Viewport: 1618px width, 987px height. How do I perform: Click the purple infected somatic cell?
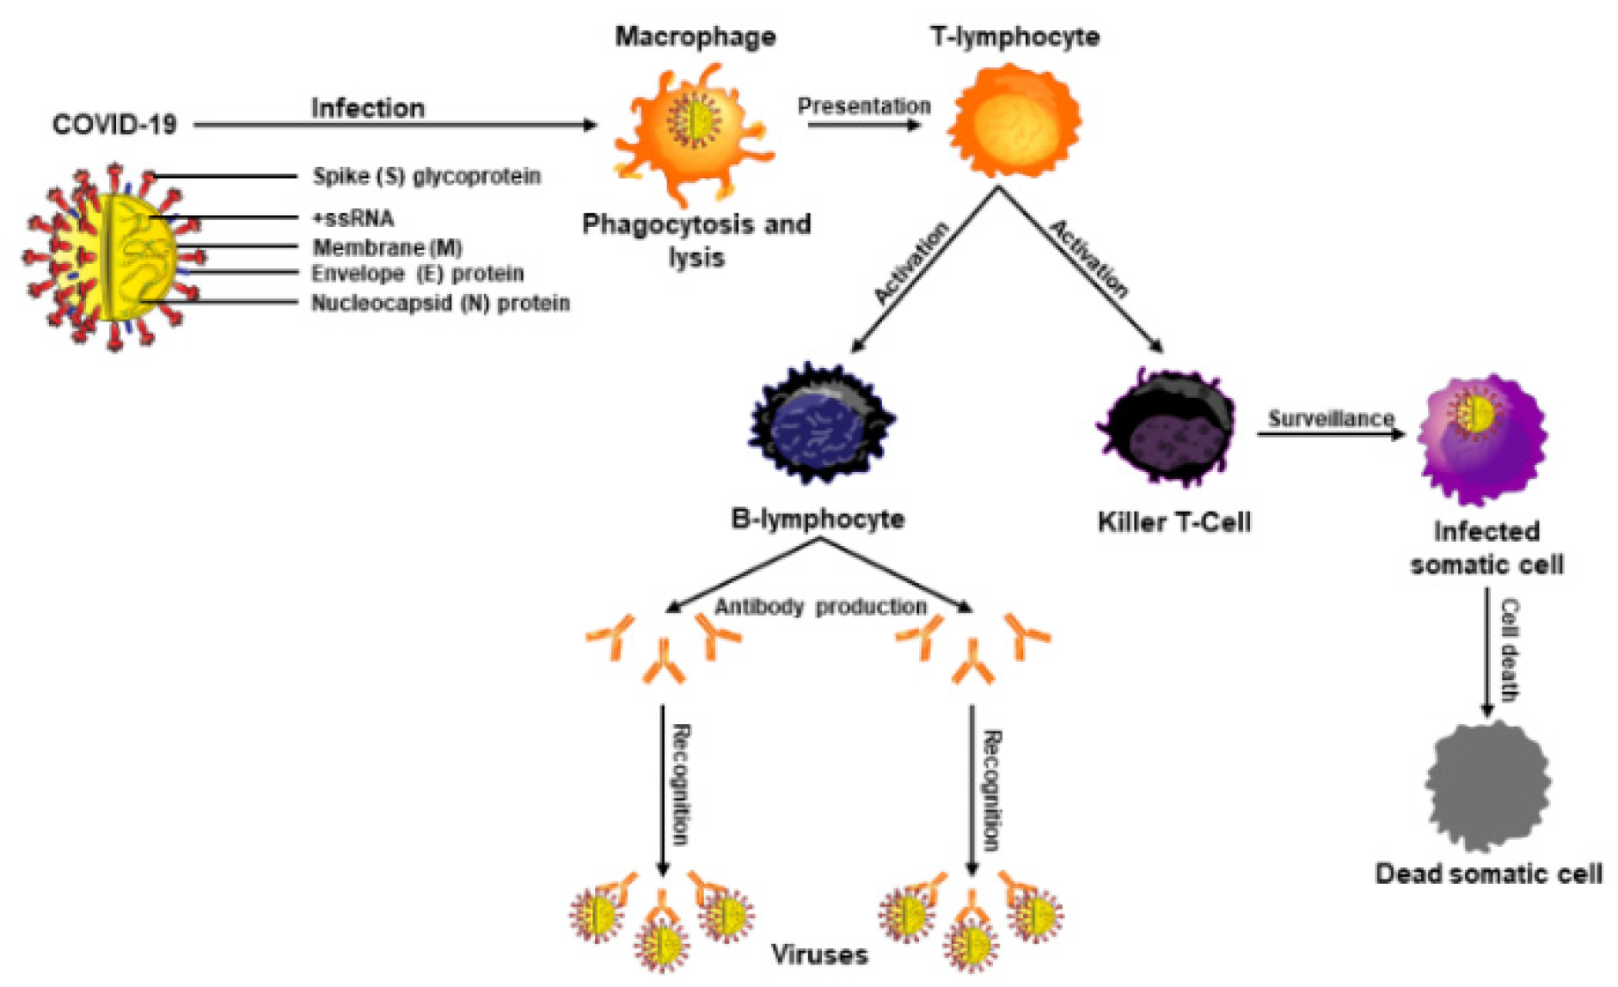[x=1482, y=438]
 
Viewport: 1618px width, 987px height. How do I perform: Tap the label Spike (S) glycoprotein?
[x=426, y=176]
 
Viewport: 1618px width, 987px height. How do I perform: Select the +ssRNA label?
[x=352, y=218]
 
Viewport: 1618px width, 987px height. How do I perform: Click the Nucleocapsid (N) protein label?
[x=440, y=303]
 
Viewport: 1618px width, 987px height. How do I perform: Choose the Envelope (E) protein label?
[x=417, y=274]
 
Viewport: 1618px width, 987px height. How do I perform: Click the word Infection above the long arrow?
[x=367, y=108]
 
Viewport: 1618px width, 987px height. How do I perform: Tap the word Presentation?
[x=863, y=106]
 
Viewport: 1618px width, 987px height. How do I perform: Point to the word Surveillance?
[x=1331, y=419]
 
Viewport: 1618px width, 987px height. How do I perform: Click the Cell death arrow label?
[x=1508, y=650]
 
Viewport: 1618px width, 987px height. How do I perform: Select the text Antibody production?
[x=820, y=607]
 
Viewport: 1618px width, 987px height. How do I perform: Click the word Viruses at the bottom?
[x=819, y=954]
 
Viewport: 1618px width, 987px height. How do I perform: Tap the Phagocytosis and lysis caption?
[x=696, y=241]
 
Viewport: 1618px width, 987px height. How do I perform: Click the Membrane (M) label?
[x=387, y=248]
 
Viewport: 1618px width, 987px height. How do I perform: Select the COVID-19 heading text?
[x=114, y=125]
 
